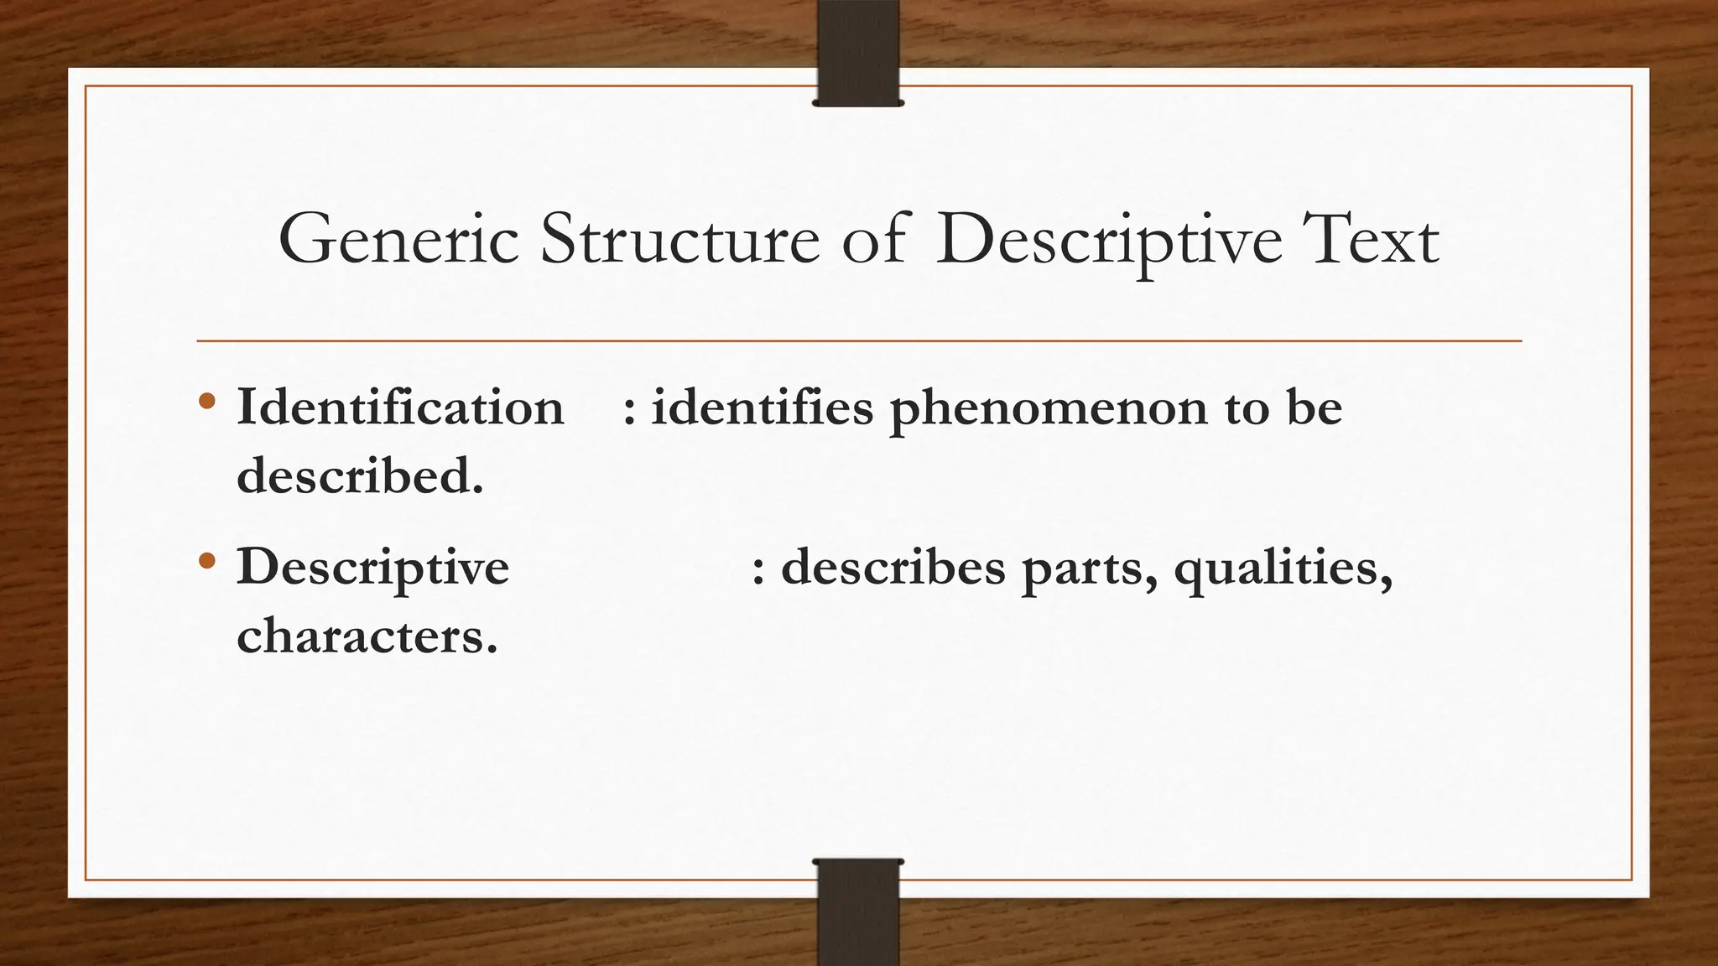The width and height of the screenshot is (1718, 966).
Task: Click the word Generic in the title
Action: pos(398,240)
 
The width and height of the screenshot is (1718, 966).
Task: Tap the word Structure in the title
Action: pos(679,240)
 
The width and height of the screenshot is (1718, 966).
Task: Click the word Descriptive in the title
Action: pos(1108,241)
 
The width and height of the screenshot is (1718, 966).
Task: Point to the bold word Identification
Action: pos(400,408)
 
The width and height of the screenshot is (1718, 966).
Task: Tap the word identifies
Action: pos(763,408)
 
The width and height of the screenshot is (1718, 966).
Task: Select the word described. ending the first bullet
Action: pos(360,475)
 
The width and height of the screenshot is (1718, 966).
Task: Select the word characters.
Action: pos(367,636)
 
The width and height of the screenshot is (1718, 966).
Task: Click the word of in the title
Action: pos(875,240)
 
